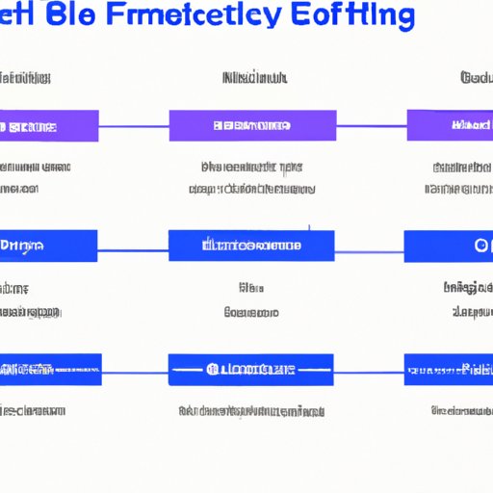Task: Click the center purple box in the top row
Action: coord(252,126)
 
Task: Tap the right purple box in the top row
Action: coord(450,126)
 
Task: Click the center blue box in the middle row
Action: coord(251,246)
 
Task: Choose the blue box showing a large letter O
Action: coord(448,246)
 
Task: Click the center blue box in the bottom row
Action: coord(250,370)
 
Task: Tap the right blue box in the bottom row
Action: coord(448,370)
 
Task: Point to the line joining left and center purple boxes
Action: coord(134,126)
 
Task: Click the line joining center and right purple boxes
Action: coord(372,126)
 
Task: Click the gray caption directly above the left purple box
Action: coord(25,78)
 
